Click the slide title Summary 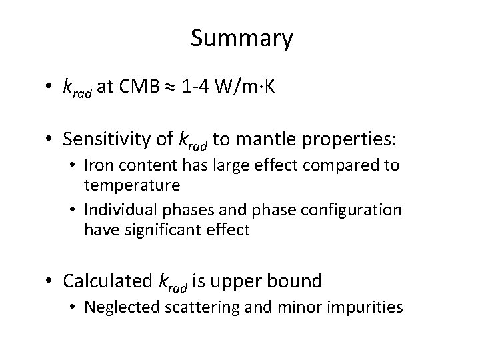click(x=241, y=39)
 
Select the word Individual click(x=117, y=209)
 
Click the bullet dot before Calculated click(x=49, y=281)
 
